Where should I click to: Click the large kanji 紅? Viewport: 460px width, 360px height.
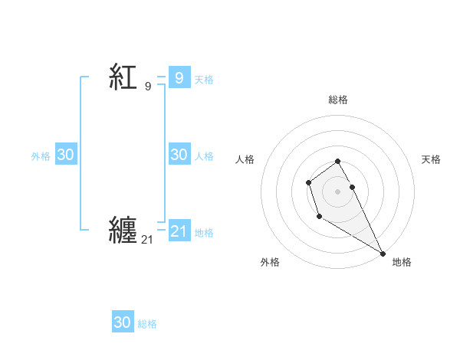(123, 77)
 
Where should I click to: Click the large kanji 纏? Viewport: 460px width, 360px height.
(123, 229)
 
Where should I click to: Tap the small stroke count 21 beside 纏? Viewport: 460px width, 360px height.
(147, 240)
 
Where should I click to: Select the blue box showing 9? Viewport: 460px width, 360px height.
(179, 77)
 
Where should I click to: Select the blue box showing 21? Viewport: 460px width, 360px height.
(179, 231)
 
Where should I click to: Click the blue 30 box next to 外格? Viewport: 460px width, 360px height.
(65, 155)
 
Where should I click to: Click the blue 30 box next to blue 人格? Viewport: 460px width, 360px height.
(179, 155)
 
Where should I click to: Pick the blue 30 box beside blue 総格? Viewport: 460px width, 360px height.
(123, 322)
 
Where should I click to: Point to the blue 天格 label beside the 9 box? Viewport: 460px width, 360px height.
(204, 79)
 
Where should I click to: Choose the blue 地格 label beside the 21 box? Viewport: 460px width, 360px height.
(204, 232)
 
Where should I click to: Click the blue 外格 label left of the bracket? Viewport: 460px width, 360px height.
(41, 155)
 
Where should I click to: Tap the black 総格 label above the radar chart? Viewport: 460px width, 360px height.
(338, 100)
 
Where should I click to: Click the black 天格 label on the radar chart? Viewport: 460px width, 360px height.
(432, 159)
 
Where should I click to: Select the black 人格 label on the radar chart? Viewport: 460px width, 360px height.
(245, 159)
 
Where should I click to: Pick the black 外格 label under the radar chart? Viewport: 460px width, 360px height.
(270, 262)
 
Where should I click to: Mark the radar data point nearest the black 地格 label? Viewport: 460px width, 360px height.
(383, 254)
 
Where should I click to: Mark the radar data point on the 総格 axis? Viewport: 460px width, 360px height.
(338, 161)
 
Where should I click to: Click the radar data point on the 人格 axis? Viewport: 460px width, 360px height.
(308, 182)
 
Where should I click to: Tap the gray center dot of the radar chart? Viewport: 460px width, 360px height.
(338, 191)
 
